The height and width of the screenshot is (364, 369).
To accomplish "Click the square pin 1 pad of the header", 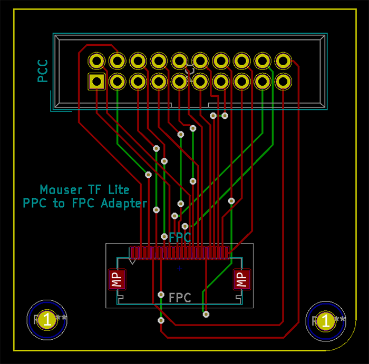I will point(97,82).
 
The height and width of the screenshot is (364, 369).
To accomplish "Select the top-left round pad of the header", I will point(97,61).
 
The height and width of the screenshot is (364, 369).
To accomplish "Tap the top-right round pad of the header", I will point(283,61).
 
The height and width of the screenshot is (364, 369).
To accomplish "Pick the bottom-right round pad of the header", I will point(283,82).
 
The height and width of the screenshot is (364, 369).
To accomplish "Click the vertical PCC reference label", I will point(43,71).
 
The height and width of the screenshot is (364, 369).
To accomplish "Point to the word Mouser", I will point(62,189).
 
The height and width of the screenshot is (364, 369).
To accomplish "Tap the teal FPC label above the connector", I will point(180,237).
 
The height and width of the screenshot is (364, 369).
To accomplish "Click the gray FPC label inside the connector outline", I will point(180,298).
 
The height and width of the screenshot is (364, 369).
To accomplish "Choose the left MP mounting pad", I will point(116,279).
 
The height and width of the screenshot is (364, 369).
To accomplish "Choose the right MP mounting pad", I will point(241,279).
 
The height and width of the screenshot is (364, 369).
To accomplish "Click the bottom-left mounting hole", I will point(47,320).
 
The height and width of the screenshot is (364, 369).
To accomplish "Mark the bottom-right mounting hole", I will point(326,320).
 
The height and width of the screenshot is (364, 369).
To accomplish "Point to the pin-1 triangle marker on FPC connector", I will point(133,260).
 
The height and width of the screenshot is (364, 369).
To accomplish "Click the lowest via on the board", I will point(161,320).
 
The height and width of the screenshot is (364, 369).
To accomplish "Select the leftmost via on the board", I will point(148,175).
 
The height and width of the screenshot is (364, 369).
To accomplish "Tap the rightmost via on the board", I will point(231,201).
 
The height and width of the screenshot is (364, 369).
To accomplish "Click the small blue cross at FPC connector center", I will point(180,268).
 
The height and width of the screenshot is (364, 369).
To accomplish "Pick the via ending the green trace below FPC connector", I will point(206,315).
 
